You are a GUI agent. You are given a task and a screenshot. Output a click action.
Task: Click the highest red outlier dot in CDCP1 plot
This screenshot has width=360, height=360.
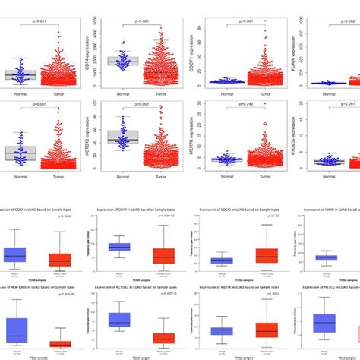(265, 22)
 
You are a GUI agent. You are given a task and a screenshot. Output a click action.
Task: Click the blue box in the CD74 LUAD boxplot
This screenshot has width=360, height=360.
(119, 247)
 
